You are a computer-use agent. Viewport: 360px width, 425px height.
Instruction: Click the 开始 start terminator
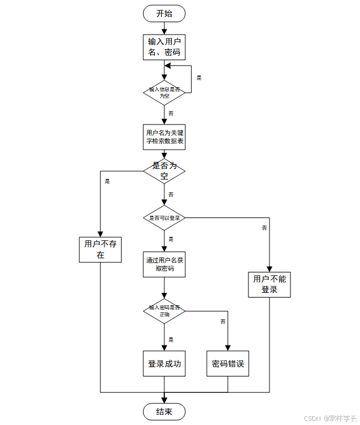pyautogui.click(x=164, y=13)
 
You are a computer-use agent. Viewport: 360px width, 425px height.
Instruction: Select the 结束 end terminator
pyautogui.click(x=164, y=412)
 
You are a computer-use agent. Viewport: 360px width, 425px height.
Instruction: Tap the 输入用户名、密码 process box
pyautogui.click(x=164, y=47)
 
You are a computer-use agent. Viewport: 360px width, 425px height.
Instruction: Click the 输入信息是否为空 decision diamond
pyautogui.click(x=164, y=92)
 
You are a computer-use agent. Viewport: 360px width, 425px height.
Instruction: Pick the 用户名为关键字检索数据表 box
pyautogui.click(x=164, y=137)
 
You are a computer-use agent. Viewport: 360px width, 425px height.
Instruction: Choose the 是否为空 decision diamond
pyautogui.click(x=164, y=170)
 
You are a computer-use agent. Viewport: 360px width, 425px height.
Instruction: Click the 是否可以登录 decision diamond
pyautogui.click(x=164, y=217)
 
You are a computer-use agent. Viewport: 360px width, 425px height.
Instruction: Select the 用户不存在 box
pyautogui.click(x=101, y=250)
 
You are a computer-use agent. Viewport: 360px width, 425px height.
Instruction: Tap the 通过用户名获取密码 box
pyautogui.click(x=164, y=265)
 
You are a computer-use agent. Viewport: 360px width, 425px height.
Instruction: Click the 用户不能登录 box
pyautogui.click(x=269, y=284)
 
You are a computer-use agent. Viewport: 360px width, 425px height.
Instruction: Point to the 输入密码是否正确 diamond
pyautogui.click(x=164, y=311)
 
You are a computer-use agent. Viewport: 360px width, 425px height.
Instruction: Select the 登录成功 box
pyautogui.click(x=164, y=364)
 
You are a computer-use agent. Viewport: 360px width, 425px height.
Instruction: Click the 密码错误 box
pyautogui.click(x=227, y=364)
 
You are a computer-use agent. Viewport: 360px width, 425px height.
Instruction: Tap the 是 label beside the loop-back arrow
pyautogui.click(x=199, y=78)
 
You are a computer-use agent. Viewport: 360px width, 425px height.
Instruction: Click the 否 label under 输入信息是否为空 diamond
pyautogui.click(x=171, y=113)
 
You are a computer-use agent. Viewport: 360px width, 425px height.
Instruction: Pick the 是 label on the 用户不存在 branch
pyautogui.click(x=107, y=181)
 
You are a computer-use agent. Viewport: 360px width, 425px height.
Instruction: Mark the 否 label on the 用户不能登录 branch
pyautogui.click(x=264, y=227)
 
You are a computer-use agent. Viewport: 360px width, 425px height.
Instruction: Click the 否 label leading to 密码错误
pyautogui.click(x=222, y=322)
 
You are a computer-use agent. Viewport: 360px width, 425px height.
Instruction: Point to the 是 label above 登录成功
pyautogui.click(x=171, y=340)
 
